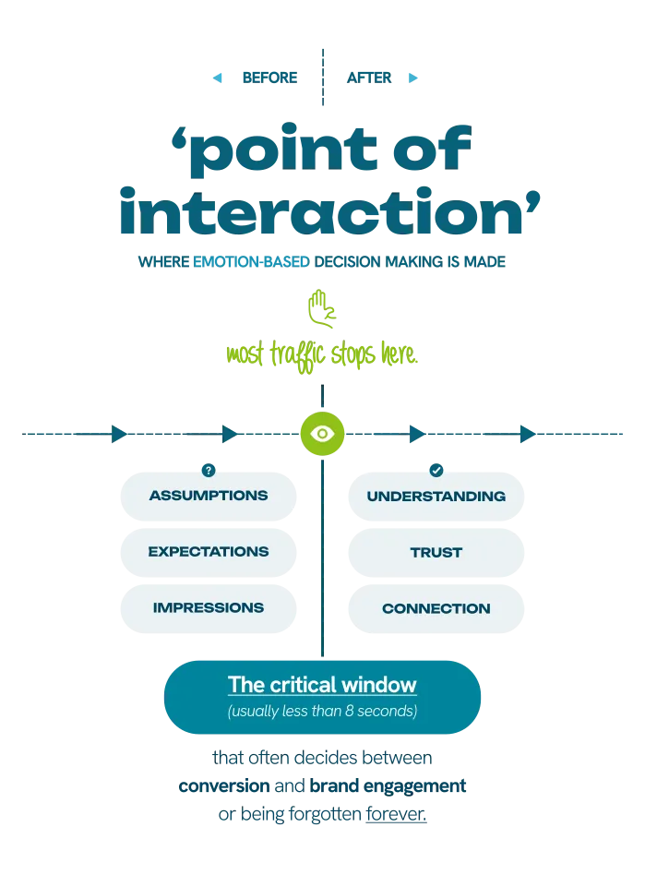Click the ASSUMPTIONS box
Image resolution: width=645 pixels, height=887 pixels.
click(209, 496)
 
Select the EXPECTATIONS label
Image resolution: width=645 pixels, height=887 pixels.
click(209, 552)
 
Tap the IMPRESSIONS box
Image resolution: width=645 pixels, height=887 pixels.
click(209, 608)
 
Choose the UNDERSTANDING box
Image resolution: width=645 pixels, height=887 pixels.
click(436, 497)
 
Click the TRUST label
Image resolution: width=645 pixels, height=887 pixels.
click(436, 553)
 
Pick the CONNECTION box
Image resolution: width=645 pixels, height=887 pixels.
click(436, 609)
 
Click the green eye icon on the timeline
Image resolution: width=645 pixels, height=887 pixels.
click(322, 433)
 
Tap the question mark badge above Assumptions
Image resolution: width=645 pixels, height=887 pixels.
click(209, 470)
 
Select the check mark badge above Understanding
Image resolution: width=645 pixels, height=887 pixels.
click(436, 470)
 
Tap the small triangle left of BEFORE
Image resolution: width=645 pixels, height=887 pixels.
click(217, 78)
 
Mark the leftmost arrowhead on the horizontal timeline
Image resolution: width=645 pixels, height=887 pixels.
click(117, 433)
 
